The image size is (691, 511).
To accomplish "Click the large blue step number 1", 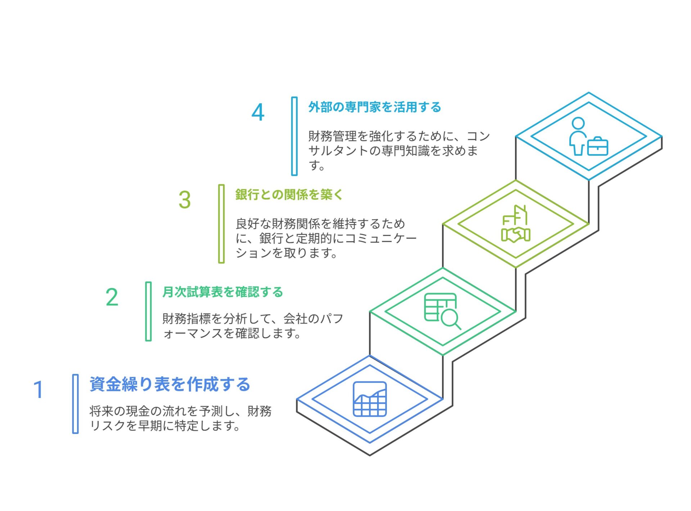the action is click(x=39, y=389).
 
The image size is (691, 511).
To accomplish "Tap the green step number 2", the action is click(x=112, y=297).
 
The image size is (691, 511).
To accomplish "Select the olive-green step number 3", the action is click(x=185, y=200).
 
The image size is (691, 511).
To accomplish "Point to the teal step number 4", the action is click(x=258, y=112).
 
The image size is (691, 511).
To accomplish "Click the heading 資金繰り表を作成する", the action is click(x=170, y=384).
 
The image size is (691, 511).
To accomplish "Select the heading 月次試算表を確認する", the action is click(x=223, y=292).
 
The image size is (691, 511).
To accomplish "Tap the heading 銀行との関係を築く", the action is click(x=289, y=195).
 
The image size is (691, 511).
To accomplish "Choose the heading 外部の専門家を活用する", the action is click(x=375, y=107).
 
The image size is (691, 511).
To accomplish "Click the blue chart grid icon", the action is click(x=370, y=399).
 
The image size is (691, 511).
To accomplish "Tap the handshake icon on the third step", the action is click(x=516, y=234).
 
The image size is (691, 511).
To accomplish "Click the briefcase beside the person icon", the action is click(x=598, y=146).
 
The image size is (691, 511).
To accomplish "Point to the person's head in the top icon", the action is click(x=578, y=123).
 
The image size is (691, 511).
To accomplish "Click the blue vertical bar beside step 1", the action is click(x=75, y=404).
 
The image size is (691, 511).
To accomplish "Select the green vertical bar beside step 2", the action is click(x=148, y=311).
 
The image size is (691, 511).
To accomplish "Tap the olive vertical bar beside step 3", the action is click(x=221, y=224).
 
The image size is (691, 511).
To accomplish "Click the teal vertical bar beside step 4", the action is click(x=294, y=136).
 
